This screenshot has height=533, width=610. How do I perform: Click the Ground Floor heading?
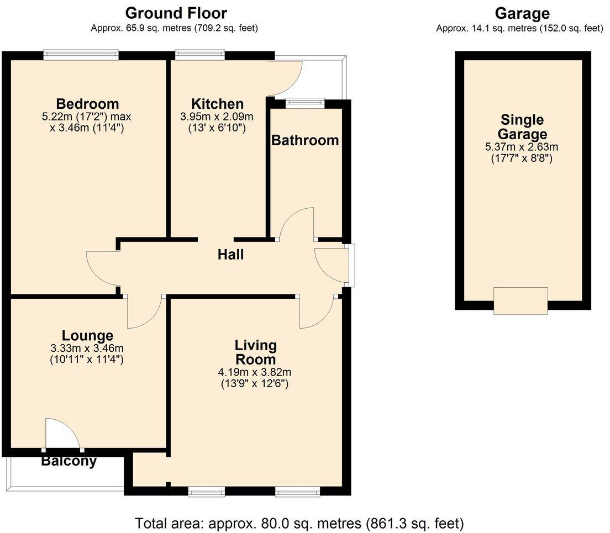pos(176,12)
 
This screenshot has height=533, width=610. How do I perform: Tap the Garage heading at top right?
pos(522,13)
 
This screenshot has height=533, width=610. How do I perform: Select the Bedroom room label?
pos(87,104)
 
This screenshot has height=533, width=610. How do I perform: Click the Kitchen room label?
pos(217,104)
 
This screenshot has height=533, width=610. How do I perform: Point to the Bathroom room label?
pos(304,140)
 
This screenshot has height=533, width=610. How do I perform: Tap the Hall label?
pos(230,255)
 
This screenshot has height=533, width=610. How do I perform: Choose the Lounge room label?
pos(87,335)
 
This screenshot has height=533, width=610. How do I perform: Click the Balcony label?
pos(69,461)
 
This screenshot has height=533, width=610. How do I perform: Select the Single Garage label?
pos(522,126)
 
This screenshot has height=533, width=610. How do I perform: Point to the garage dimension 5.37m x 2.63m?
pos(522,147)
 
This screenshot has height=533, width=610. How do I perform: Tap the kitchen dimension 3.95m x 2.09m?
pos(217,117)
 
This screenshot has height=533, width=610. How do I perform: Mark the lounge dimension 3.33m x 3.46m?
pos(87,348)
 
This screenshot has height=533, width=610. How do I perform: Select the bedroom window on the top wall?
pos(81,54)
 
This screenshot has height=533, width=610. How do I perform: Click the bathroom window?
pos(305,101)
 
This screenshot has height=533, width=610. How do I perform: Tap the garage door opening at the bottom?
pos(520,301)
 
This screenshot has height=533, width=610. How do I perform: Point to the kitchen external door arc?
pos(287,77)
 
